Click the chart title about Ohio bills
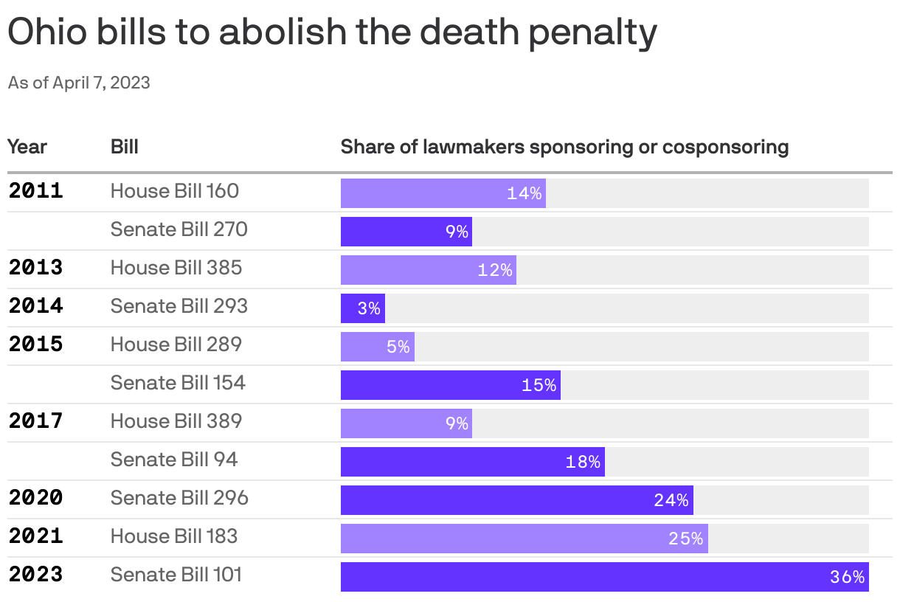[332, 33]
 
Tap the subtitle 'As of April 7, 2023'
[79, 83]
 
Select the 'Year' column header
[27, 147]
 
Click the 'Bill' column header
[125, 147]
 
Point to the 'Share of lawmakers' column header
[564, 147]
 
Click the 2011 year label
[36, 191]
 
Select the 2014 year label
[36, 306]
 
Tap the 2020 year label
[36, 498]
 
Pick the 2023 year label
[36, 575]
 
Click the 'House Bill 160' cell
[175, 191]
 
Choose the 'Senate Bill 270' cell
[179, 229]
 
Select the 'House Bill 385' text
[176, 268]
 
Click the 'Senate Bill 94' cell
[174, 460]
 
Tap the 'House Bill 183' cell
[174, 536]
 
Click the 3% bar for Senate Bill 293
[362, 308]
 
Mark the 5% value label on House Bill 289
[398, 347]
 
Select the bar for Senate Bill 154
[450, 385]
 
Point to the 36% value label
[847, 577]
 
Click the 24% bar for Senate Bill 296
[516, 500]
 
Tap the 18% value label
[583, 462]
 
